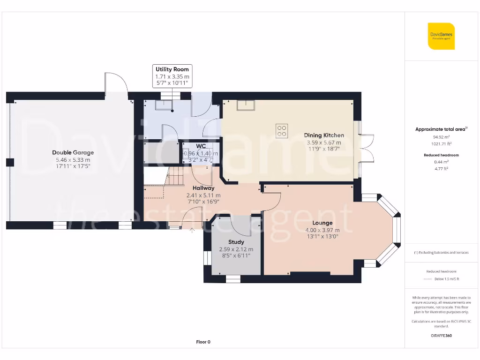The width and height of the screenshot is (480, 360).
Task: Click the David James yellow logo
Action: [441, 36]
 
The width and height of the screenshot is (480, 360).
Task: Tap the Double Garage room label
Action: [73, 152]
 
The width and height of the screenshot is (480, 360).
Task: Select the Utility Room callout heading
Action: [172, 69]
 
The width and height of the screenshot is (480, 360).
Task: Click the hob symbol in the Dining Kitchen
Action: [282, 130]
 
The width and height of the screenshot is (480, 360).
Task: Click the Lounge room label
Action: [322, 223]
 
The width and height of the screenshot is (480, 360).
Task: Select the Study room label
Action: [236, 242]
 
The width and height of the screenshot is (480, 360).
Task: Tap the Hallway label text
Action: [203, 188]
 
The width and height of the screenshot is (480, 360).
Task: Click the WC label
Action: [201, 146]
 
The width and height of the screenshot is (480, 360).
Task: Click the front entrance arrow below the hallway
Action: [192, 230]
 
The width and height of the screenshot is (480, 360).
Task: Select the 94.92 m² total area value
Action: [441, 138]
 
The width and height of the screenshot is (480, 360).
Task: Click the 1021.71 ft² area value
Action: [441, 144]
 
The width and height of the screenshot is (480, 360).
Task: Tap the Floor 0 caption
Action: [203, 342]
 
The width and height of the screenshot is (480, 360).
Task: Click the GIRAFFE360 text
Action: [441, 336]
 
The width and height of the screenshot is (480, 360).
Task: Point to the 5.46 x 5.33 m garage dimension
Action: [73, 159]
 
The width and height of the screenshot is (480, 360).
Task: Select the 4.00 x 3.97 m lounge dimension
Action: [322, 230]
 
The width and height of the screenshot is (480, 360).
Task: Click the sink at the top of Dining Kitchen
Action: [246, 105]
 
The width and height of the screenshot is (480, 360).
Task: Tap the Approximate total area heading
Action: [440, 129]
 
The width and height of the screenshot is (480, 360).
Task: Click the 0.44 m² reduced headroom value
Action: [441, 162]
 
